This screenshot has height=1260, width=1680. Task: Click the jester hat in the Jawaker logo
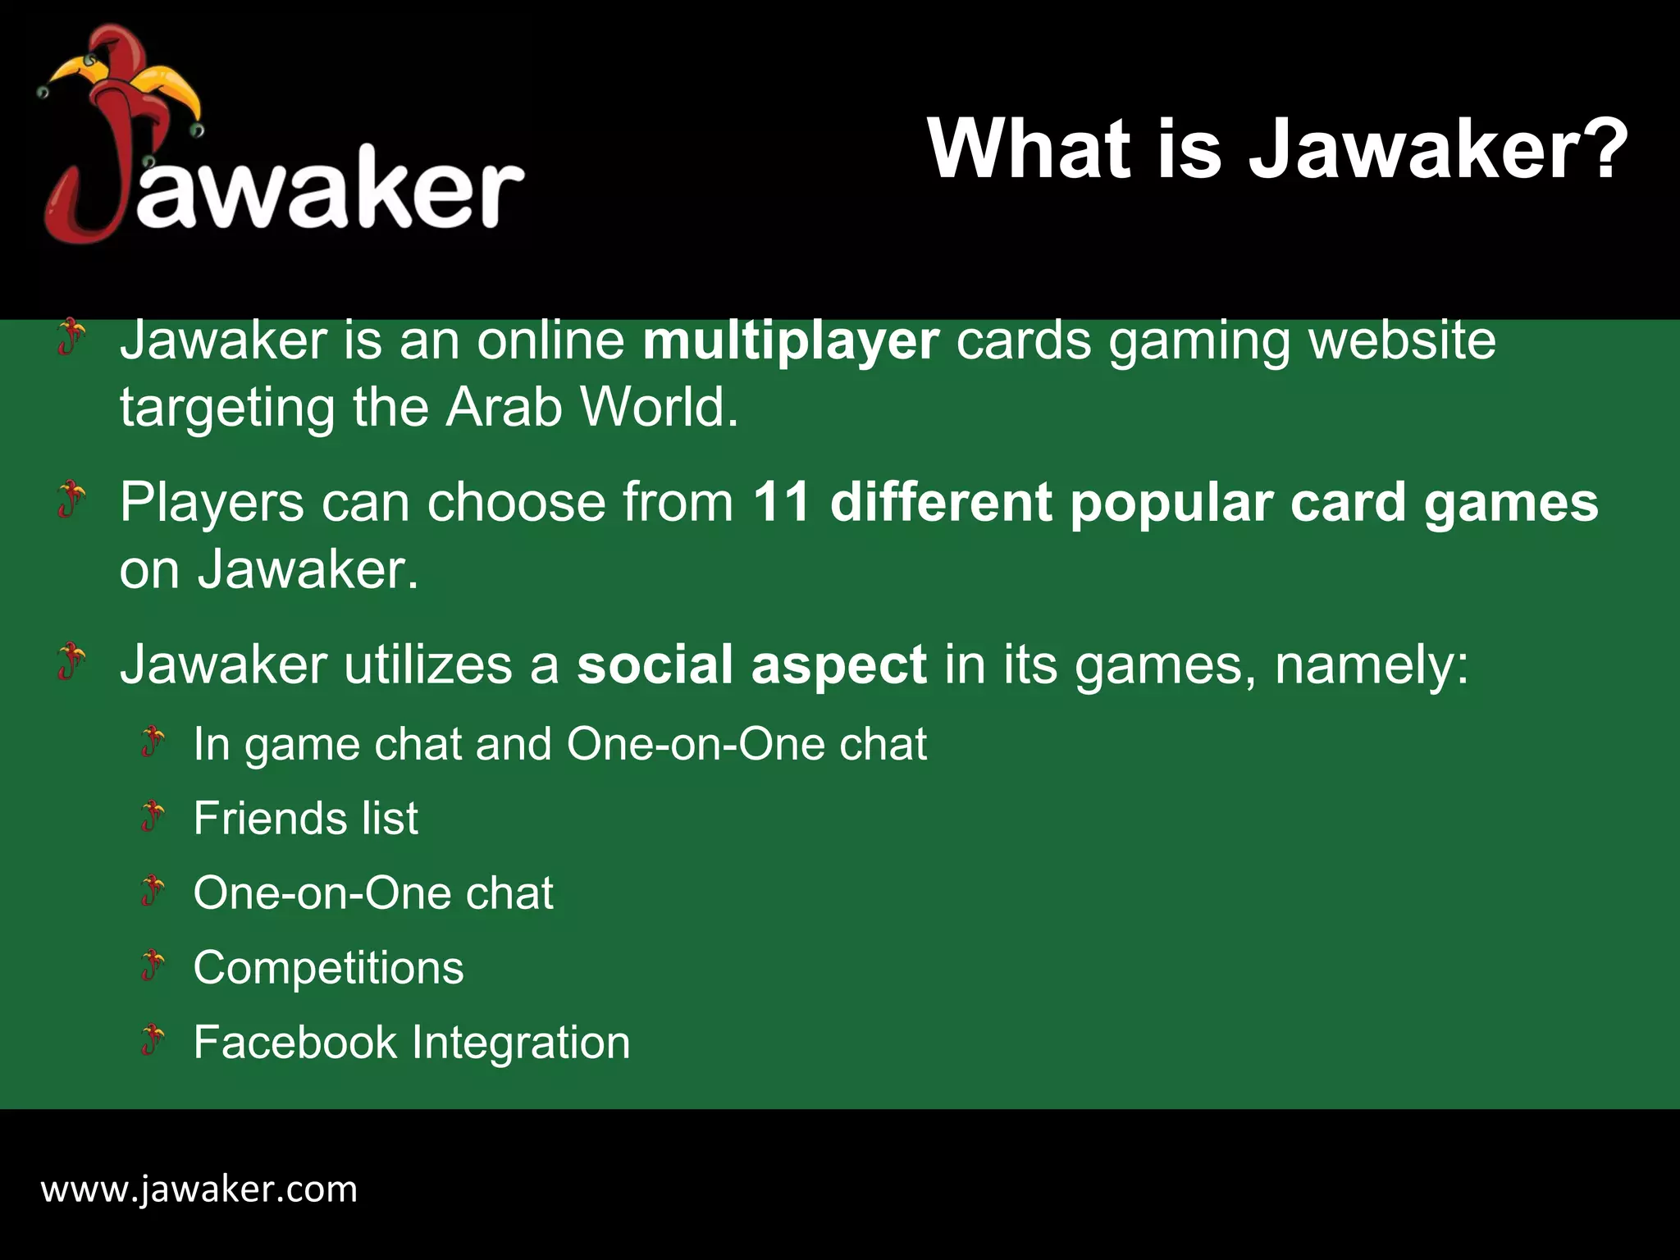123,78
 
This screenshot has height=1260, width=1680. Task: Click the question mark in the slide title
1600,149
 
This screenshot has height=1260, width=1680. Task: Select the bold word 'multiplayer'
791,341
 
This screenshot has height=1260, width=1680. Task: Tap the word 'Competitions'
328,968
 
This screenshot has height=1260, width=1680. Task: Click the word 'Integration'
521,1043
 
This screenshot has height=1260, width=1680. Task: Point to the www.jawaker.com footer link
199,1189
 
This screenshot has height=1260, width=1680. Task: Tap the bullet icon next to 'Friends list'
153,816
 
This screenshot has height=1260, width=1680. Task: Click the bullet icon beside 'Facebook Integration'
153,1040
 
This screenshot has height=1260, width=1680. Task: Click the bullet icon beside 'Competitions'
153,966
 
